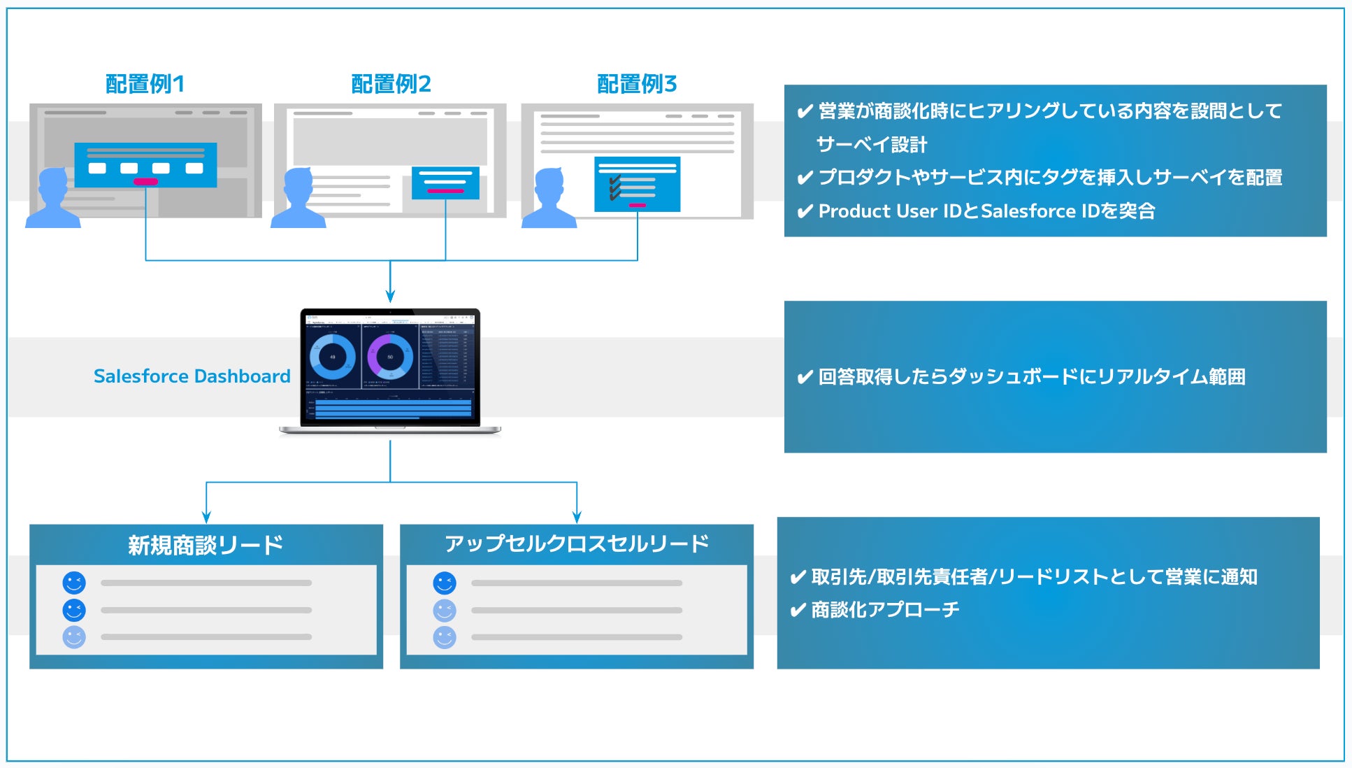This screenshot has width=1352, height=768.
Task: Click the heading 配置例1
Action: coord(145,84)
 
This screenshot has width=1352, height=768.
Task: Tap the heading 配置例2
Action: coord(391,84)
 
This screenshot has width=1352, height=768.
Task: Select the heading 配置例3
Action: coord(637,84)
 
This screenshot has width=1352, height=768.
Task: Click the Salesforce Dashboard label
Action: coord(192,376)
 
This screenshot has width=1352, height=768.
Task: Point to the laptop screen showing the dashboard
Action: coord(390,367)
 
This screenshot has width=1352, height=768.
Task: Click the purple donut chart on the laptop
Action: coord(389,357)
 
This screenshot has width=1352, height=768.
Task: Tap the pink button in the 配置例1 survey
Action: coord(145,182)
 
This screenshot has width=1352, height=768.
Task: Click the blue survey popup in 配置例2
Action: coord(445,182)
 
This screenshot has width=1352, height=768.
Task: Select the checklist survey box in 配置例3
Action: coord(637,184)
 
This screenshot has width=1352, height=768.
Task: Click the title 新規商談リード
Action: coord(206,545)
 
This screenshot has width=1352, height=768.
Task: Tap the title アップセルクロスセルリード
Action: coord(577,543)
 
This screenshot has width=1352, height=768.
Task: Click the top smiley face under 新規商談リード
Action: coord(74,583)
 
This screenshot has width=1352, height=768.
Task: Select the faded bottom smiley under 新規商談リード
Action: coord(74,637)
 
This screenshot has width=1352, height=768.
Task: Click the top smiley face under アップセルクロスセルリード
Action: coord(445,583)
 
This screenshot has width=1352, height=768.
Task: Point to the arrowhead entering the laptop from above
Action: coord(390,297)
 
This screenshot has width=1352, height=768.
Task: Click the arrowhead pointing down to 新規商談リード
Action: coord(206,518)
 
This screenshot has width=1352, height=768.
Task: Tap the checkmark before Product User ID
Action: coord(805,211)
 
